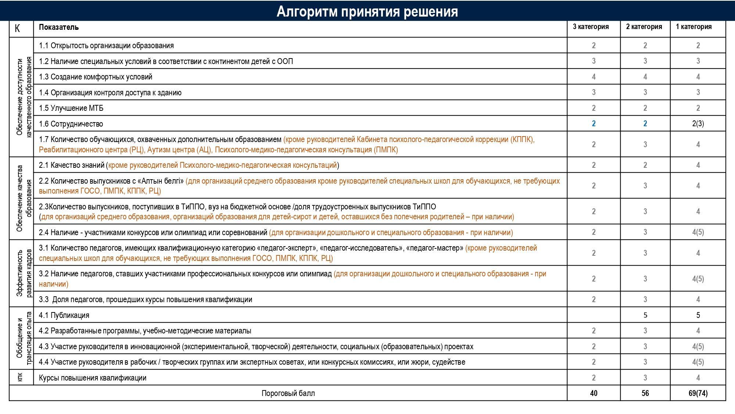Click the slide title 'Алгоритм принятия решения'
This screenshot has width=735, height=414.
(x=367, y=11)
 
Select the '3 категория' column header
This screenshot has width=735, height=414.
(x=591, y=27)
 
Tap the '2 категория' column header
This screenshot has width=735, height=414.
(x=644, y=27)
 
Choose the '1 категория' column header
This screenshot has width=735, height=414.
(x=693, y=27)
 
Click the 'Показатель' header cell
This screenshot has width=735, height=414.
(x=59, y=27)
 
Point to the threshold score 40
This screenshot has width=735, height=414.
(x=594, y=393)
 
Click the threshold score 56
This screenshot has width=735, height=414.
(x=645, y=393)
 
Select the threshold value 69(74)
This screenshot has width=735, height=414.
(x=698, y=393)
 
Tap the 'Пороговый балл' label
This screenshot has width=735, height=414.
(x=288, y=393)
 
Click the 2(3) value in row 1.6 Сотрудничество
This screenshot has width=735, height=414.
(x=698, y=124)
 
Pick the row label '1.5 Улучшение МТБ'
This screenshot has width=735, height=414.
(x=71, y=108)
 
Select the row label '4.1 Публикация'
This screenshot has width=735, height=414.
(x=64, y=315)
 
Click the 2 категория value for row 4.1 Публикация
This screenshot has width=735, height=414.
(x=645, y=315)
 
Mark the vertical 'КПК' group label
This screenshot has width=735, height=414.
(x=20, y=378)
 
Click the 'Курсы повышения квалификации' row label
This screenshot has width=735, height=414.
(x=93, y=378)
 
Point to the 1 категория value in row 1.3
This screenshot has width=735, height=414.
(x=698, y=77)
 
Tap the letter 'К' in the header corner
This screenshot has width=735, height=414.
(x=17, y=28)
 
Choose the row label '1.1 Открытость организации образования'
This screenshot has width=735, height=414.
(x=106, y=46)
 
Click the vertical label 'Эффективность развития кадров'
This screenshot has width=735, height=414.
(x=24, y=273)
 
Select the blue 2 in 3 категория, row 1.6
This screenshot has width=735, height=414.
(x=594, y=124)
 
